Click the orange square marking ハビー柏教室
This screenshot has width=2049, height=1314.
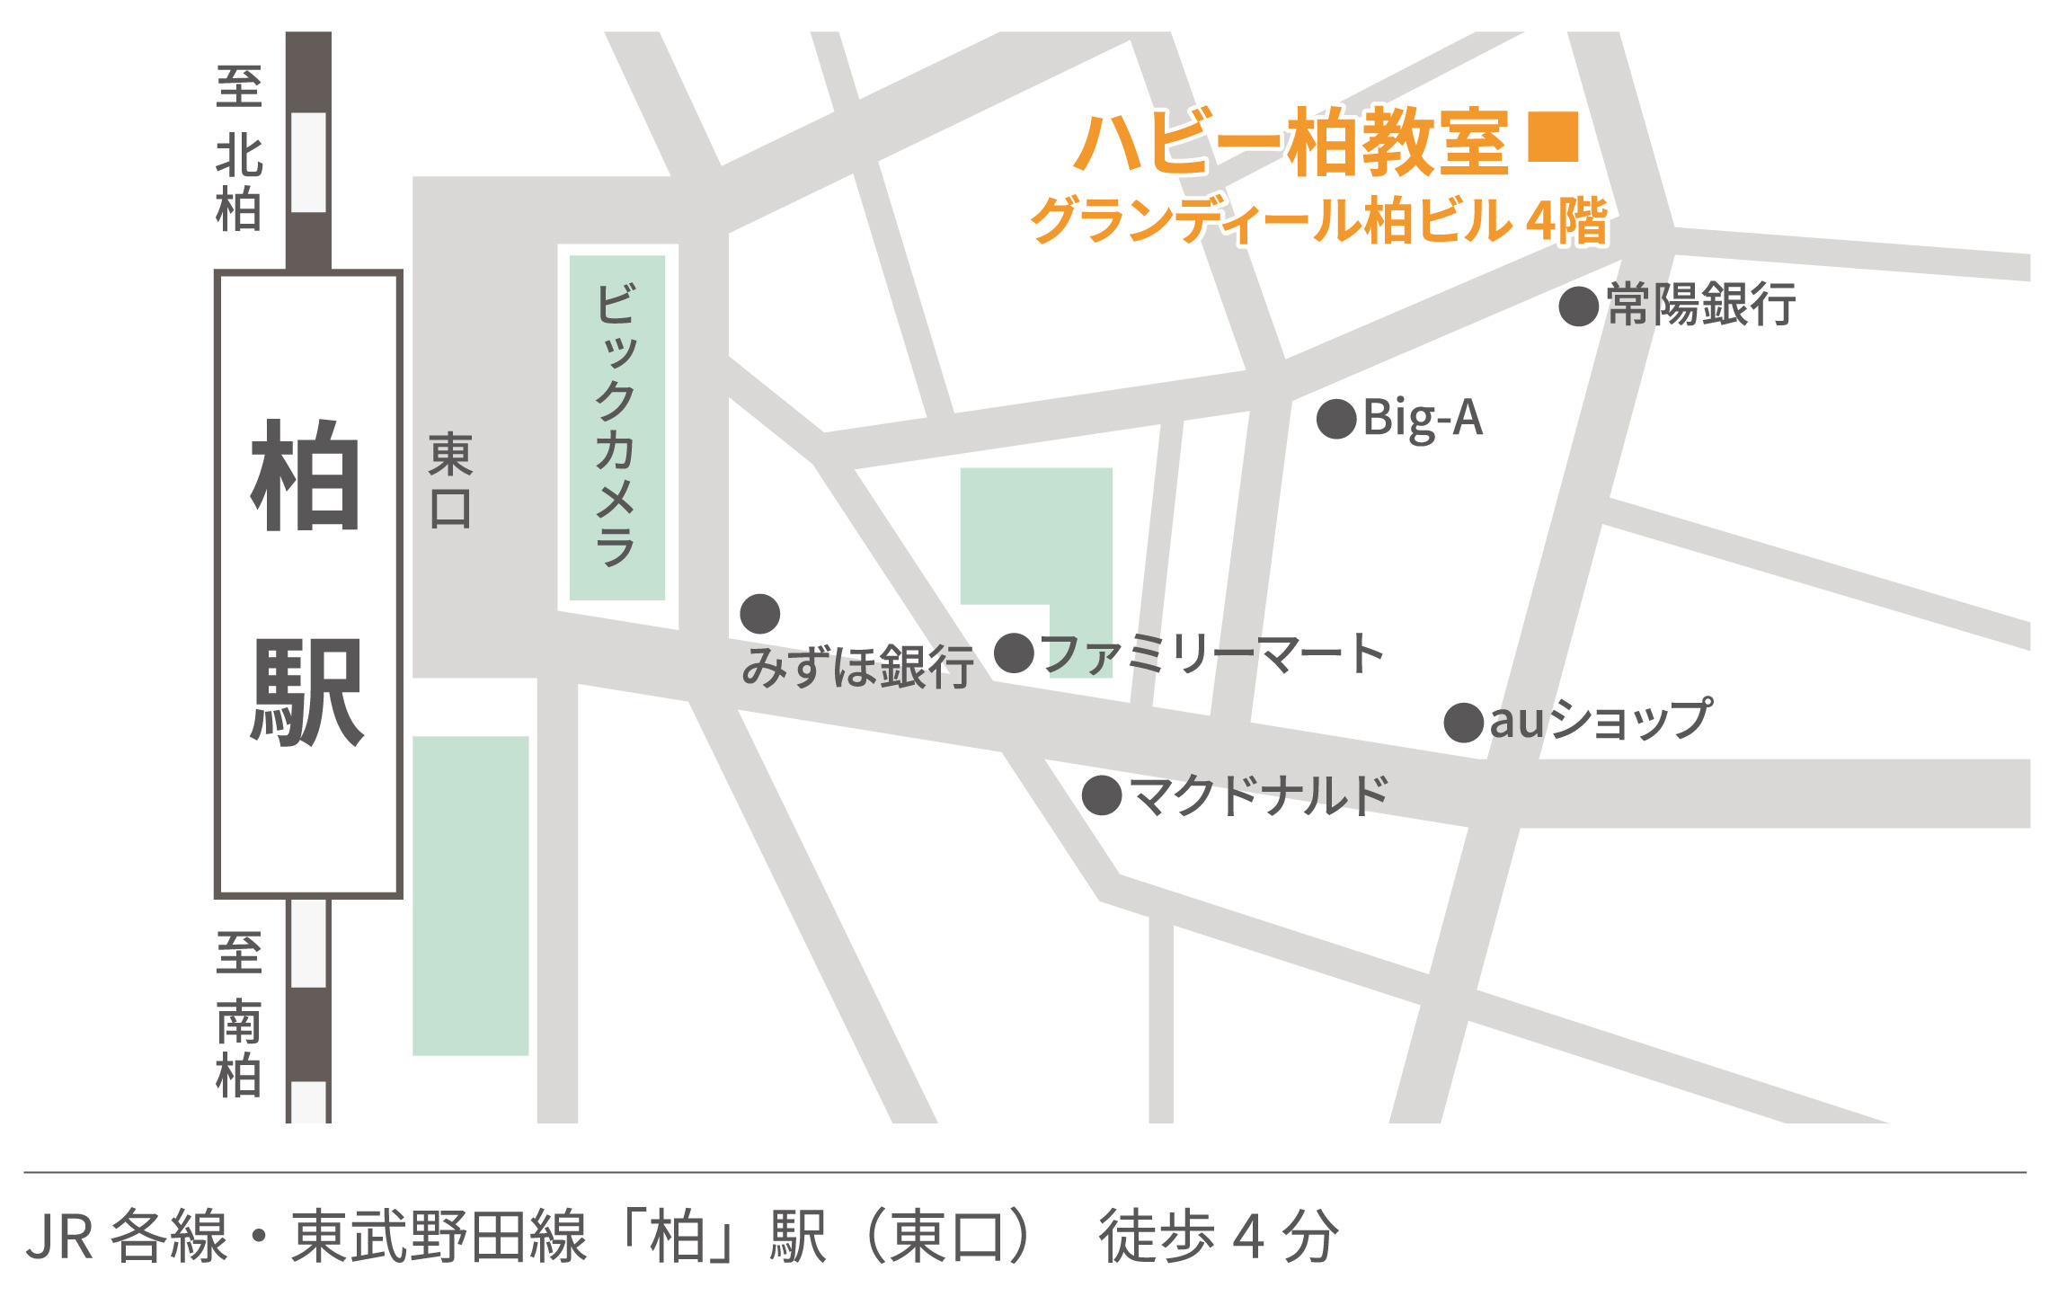point(1553,137)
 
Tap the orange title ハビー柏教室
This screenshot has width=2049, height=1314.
point(1291,142)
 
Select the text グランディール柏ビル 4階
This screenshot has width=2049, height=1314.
point(1318,220)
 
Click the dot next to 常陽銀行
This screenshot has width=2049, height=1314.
point(1578,306)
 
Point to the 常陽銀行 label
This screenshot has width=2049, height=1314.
point(1701,305)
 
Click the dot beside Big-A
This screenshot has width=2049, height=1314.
point(1336,419)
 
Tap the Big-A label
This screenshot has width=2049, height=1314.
point(1423,419)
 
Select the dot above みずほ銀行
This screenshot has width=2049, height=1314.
point(760,614)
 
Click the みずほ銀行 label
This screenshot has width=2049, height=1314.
point(857,667)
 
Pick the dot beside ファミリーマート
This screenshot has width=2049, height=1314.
point(1015,653)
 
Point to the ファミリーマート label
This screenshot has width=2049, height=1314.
point(1213,653)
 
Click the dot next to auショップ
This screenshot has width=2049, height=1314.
point(1464,723)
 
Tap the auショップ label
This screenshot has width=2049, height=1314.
point(1601,720)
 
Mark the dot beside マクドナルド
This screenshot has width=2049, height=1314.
point(1102,795)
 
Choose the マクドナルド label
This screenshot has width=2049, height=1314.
point(1258,795)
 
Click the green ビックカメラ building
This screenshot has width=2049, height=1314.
point(617,428)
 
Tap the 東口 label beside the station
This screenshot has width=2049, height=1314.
point(450,481)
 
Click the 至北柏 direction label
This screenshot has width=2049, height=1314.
point(239,149)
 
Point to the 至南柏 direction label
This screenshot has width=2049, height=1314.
point(239,1015)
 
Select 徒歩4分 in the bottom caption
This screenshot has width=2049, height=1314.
point(1218,1237)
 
